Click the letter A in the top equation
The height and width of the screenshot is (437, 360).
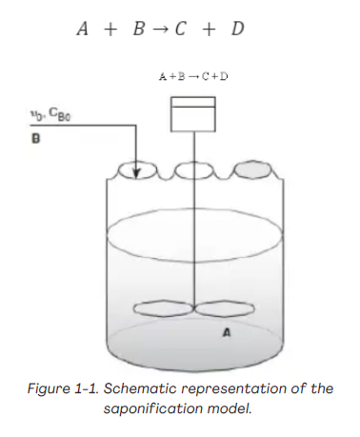(x=83, y=30)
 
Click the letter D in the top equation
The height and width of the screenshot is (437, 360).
(x=237, y=30)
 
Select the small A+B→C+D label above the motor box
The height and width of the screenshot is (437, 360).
(x=194, y=75)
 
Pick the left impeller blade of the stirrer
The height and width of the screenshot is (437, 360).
(x=164, y=309)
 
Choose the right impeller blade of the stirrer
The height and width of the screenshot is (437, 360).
(x=225, y=309)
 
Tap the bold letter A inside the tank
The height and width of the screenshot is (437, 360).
(x=227, y=333)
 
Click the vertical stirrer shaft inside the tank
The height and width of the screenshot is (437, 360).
(x=193, y=248)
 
